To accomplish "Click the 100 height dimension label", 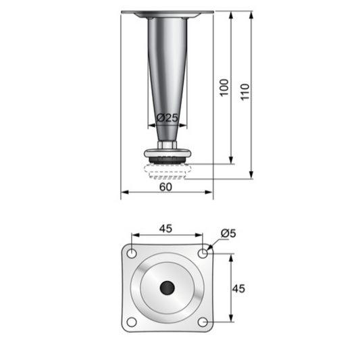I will click(225, 88).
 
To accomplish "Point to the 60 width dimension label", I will click(165, 187).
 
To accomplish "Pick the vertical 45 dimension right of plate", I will click(238, 288).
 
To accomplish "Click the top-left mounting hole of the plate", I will click(132, 253).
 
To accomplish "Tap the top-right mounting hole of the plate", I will click(203, 253).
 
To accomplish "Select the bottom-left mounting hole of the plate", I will click(132, 322).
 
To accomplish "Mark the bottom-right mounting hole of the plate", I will click(203, 322).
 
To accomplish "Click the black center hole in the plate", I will click(167, 288).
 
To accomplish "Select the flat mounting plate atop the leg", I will click(166, 14).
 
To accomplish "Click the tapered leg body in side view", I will click(166, 68).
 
